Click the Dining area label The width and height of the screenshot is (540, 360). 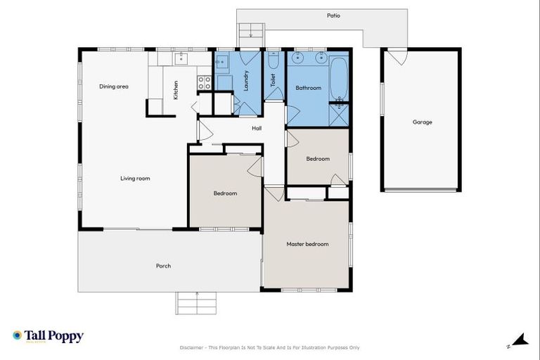(x=113, y=86)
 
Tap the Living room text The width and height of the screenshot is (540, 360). (x=135, y=179)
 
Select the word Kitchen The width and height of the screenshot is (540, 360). (x=176, y=90)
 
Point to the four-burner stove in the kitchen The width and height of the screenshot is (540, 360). (x=205, y=83)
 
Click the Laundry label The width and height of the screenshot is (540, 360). (x=246, y=80)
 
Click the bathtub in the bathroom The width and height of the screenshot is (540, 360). (x=338, y=79)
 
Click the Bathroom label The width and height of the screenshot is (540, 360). (x=308, y=88)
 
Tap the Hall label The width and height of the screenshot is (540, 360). (x=257, y=128)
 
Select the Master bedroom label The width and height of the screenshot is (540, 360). (x=307, y=244)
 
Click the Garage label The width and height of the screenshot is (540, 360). (x=422, y=122)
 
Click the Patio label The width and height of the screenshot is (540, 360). (x=333, y=15)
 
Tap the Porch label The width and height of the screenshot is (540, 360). (x=163, y=266)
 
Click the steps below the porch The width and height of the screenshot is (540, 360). (x=196, y=303)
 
